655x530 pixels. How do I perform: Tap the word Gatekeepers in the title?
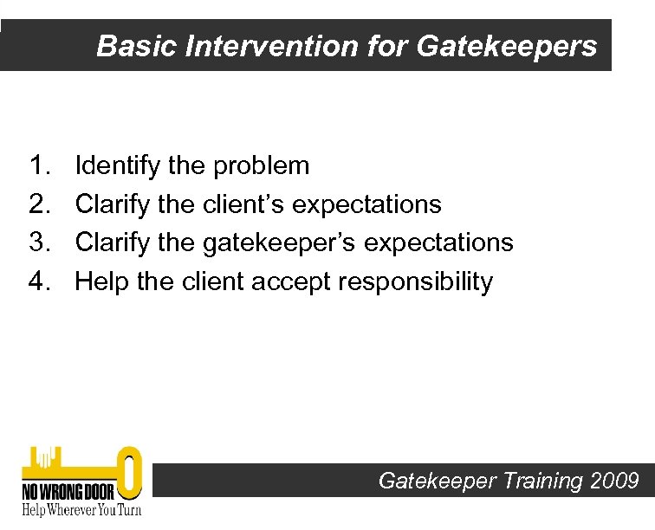pos(507,46)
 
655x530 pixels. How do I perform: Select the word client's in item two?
pos(245,204)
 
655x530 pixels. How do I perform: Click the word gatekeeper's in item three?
pos(289,242)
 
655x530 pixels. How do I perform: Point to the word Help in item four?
pos(102,281)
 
